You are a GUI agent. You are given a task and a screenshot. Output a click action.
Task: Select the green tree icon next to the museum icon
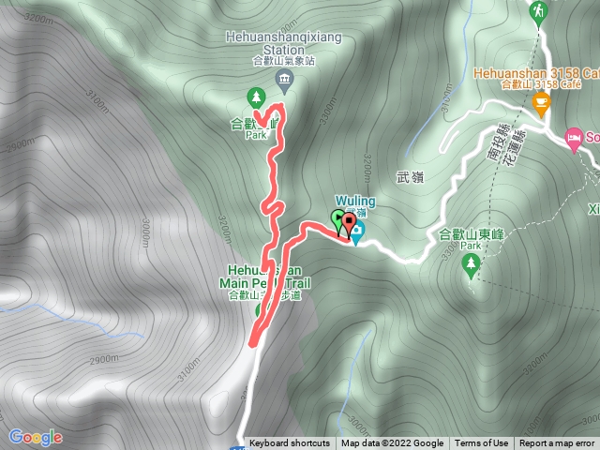(255, 97)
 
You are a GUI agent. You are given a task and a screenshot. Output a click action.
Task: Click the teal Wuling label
(355, 202)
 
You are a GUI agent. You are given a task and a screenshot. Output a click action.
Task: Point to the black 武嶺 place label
(411, 177)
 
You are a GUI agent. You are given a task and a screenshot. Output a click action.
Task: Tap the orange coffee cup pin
(541, 104)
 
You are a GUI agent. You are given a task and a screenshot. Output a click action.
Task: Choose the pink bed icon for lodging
(574, 139)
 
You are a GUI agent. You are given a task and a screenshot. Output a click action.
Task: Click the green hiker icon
(539, 11)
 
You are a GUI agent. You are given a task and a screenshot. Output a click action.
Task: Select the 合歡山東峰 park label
(472, 235)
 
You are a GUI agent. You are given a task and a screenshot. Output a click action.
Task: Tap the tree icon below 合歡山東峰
(470, 266)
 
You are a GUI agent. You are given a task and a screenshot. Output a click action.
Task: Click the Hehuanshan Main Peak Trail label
(265, 282)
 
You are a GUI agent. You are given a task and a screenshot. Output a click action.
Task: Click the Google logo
(35, 437)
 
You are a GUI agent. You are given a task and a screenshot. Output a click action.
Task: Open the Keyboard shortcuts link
(289, 443)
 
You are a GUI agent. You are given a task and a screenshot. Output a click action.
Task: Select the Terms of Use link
(481, 443)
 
